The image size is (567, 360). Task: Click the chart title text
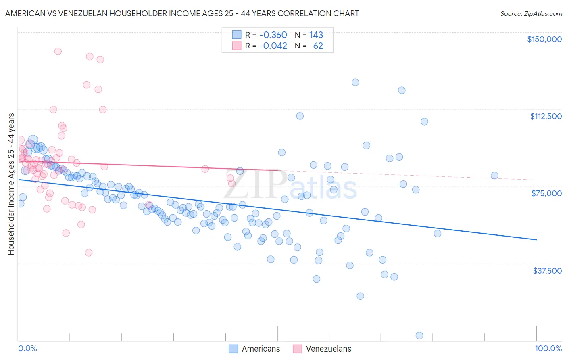(x=182, y=13)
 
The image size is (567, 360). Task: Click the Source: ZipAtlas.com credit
(x=531, y=13)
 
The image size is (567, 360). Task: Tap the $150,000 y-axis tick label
(x=544, y=39)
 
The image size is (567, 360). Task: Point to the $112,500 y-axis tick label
(x=545, y=116)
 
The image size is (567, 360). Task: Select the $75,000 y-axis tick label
(x=546, y=193)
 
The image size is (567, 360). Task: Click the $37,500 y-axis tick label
(x=547, y=271)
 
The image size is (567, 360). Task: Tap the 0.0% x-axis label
(x=27, y=348)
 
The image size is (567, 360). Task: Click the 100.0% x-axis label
(x=548, y=348)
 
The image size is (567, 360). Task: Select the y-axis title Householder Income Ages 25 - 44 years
(x=11, y=184)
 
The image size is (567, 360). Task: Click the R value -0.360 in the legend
(x=273, y=35)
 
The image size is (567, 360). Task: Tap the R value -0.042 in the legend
(x=273, y=46)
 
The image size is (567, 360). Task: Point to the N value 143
(x=316, y=35)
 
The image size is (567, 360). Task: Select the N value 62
(x=318, y=46)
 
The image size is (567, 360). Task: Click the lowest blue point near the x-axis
(x=419, y=335)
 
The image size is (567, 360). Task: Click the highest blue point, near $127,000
(x=355, y=82)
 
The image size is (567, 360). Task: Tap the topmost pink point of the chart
(x=58, y=52)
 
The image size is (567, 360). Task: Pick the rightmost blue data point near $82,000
(x=494, y=176)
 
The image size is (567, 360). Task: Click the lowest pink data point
(x=89, y=253)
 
